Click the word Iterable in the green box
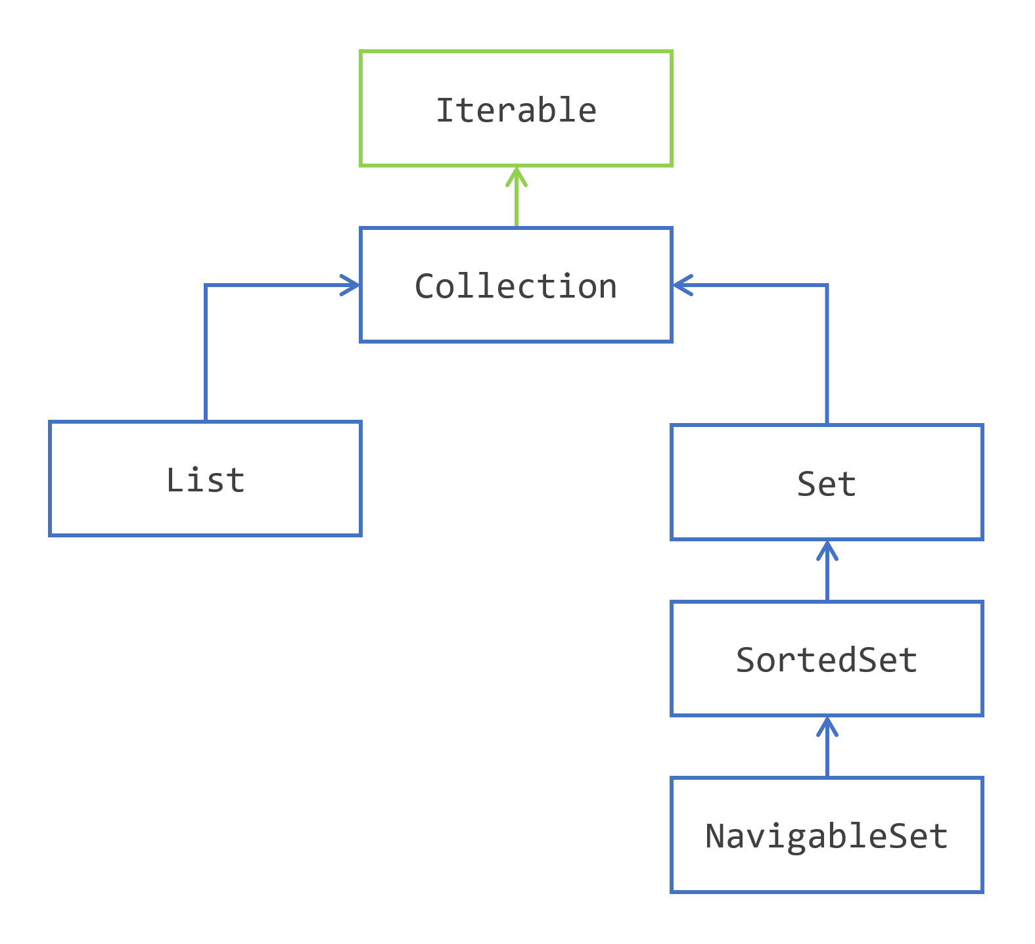516,110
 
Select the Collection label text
516,286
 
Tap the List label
205,480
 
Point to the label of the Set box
826,484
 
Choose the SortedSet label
826,660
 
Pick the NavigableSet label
826,836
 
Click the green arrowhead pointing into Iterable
517,174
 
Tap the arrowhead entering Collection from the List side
352,285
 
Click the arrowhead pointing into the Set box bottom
827,548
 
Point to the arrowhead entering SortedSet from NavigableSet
827,724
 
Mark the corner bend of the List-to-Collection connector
206,285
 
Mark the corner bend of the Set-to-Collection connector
827,285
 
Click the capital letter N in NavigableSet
714,836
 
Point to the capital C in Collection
425,286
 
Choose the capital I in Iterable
445,110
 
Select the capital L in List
174,480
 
